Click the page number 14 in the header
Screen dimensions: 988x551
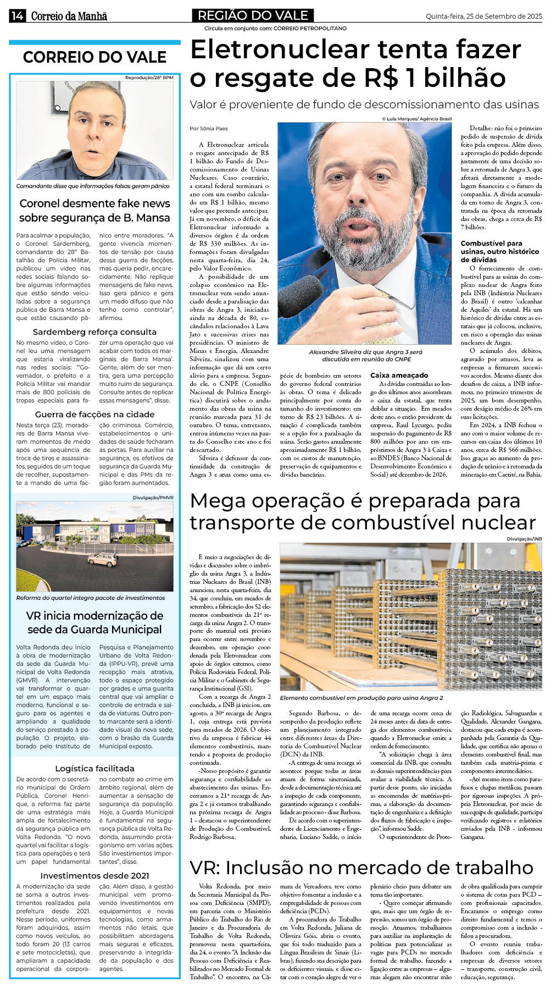(x=16, y=16)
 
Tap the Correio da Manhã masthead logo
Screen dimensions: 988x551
(x=69, y=16)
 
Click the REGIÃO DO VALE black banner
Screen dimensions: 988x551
(x=253, y=15)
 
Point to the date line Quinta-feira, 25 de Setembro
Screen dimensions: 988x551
(x=483, y=16)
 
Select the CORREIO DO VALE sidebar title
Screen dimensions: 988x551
(x=94, y=57)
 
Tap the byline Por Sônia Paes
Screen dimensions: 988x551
(x=208, y=129)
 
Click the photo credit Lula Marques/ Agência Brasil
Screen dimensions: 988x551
(x=416, y=119)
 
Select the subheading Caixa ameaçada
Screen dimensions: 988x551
(x=399, y=376)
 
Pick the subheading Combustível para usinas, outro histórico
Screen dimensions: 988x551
(x=499, y=251)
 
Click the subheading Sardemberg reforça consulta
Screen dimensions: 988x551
(x=94, y=332)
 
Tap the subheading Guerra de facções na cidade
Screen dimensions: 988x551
(x=94, y=415)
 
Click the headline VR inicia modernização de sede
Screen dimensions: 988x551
(x=94, y=622)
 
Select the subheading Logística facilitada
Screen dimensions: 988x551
(x=94, y=769)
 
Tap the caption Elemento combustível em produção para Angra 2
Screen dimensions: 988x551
(x=361, y=698)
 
